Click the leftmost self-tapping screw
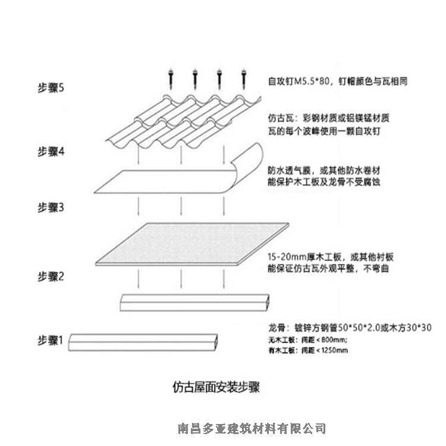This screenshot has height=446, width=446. click(x=170, y=78)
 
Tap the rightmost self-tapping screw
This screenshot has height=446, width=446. click(x=243, y=78)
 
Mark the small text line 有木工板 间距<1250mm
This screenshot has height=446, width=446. click(x=309, y=350)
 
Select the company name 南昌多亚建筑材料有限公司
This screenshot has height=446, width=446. click(x=252, y=428)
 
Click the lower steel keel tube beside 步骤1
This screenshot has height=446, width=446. click(x=143, y=341)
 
